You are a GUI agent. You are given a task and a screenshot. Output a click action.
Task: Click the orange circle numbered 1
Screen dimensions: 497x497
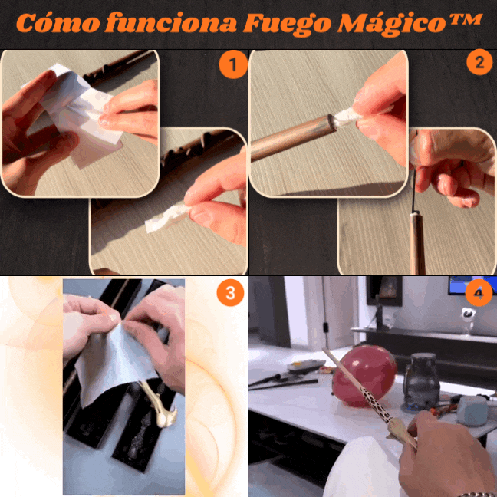click(233, 64)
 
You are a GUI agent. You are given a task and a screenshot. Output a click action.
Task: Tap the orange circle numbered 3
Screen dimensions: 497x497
click(230, 293)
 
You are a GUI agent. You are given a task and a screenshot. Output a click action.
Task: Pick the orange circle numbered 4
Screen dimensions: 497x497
click(479, 292)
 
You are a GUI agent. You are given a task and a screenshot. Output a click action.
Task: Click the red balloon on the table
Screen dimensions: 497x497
click(364, 376)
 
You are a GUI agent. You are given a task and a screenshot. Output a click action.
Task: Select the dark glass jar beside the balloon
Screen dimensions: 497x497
click(422, 382)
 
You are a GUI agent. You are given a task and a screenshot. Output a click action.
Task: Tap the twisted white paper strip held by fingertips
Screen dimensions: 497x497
click(166, 217)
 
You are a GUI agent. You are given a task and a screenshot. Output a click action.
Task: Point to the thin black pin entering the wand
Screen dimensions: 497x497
click(414, 191)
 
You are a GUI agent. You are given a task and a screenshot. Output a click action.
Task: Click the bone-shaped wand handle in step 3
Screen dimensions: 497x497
click(159, 406)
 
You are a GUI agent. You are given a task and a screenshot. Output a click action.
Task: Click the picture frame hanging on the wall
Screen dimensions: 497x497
click(384, 291)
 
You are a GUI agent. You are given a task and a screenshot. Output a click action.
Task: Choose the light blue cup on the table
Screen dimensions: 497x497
click(472, 410)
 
